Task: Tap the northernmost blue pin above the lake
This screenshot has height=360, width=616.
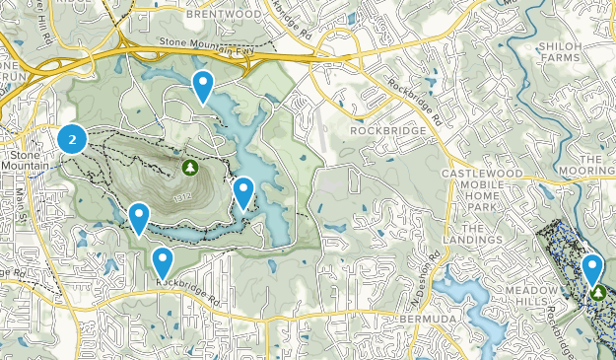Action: coord(203,86)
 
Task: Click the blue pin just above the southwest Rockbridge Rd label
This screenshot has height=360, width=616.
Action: coord(162,261)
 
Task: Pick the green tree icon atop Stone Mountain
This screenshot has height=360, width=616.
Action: coord(189,168)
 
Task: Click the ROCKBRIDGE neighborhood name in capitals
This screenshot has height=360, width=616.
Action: coord(388,130)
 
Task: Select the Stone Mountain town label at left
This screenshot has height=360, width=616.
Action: coord(30,161)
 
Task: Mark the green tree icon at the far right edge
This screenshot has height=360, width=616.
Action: coord(599,293)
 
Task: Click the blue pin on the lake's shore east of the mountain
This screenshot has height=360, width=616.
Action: coord(243,192)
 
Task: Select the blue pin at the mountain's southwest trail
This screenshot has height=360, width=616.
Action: coord(139,217)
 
